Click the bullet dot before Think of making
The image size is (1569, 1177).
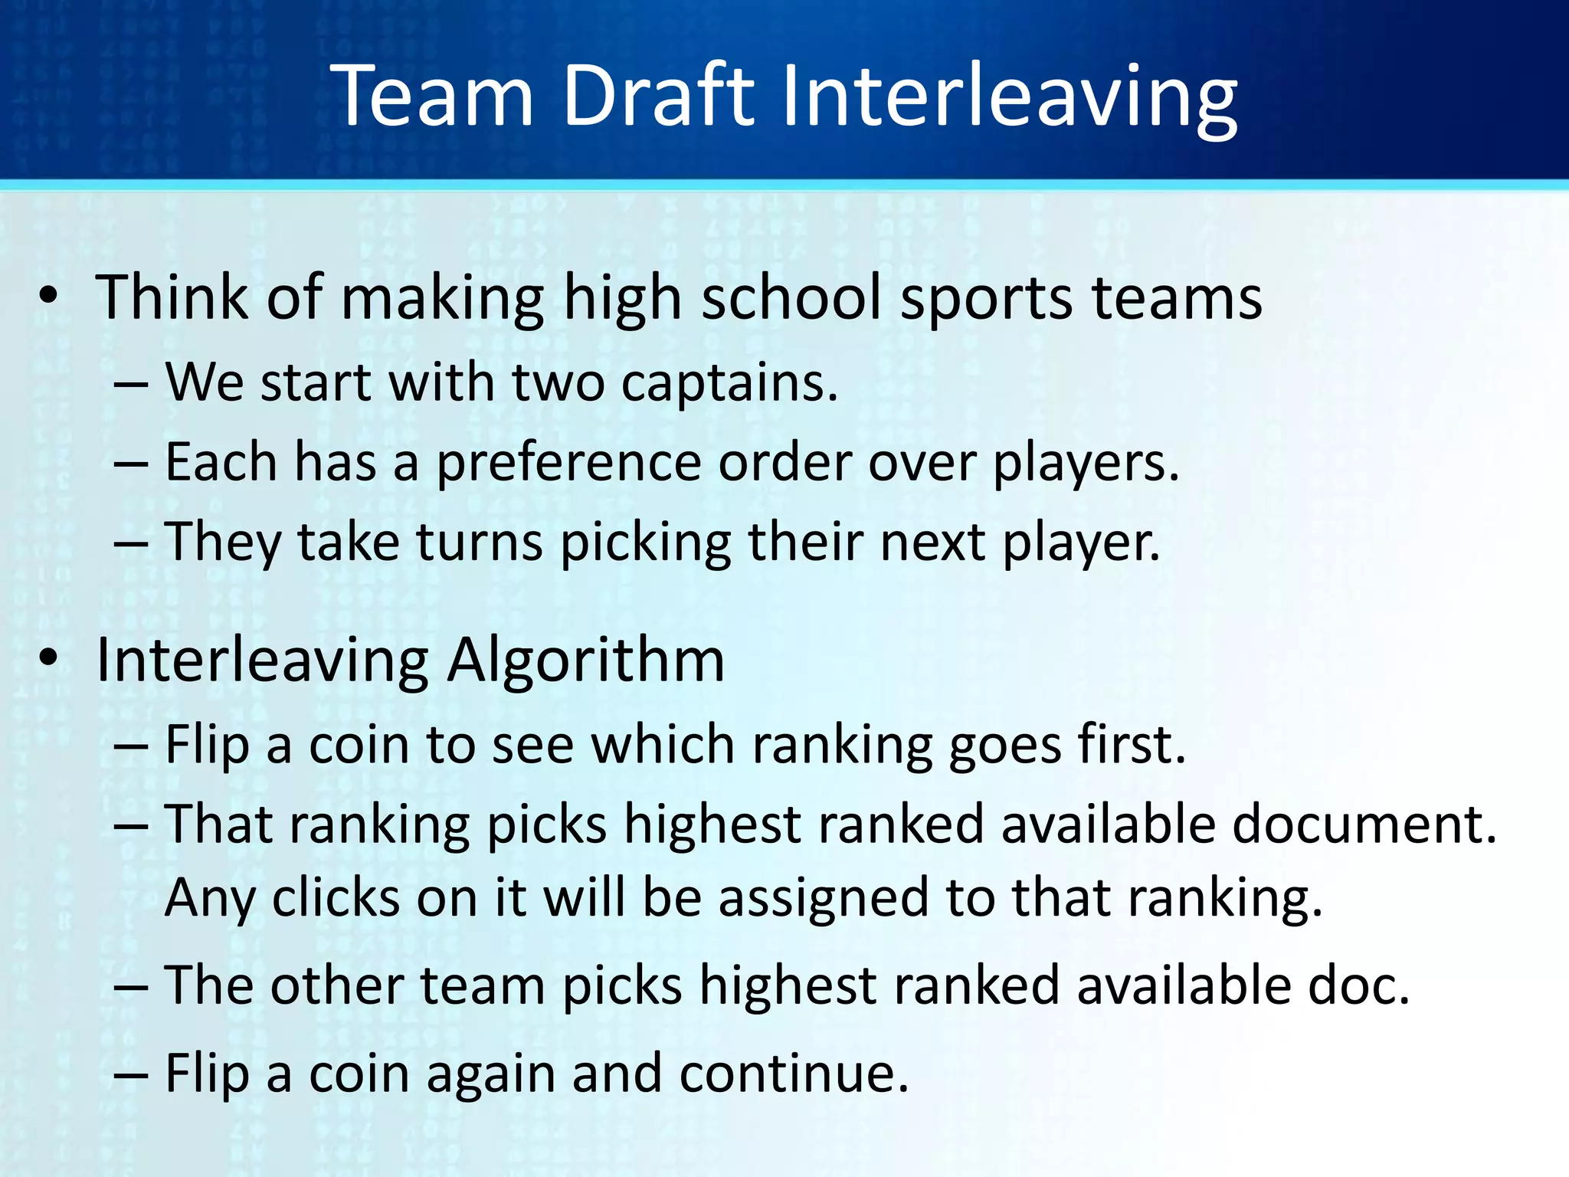[x=48, y=297]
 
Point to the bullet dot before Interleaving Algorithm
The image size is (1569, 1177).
[x=48, y=658]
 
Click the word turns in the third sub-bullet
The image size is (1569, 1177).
[x=480, y=543]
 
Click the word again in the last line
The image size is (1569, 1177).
[x=490, y=1074]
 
